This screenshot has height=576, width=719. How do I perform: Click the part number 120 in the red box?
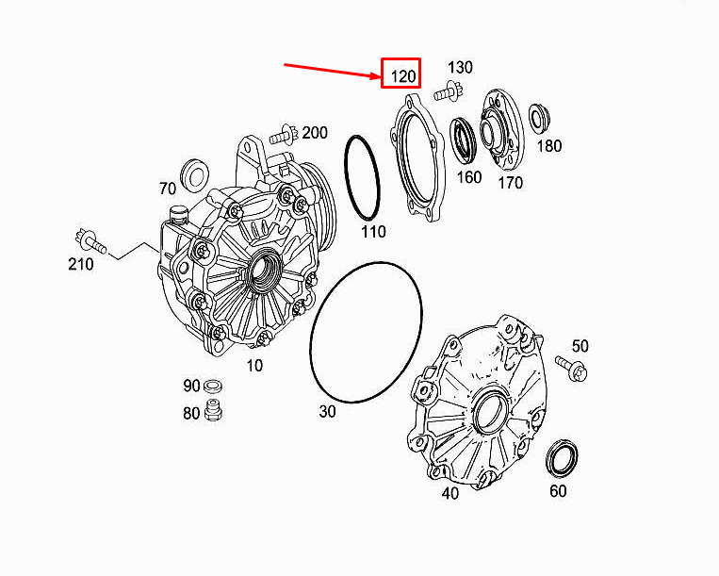click(x=403, y=76)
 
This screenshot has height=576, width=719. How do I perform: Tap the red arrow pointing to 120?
click(x=333, y=71)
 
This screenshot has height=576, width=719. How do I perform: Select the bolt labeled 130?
click(x=447, y=91)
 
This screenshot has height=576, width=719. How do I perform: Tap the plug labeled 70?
click(x=195, y=173)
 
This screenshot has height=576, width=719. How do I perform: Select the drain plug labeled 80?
click(x=213, y=409)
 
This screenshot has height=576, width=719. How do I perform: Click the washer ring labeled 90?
click(x=213, y=386)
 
